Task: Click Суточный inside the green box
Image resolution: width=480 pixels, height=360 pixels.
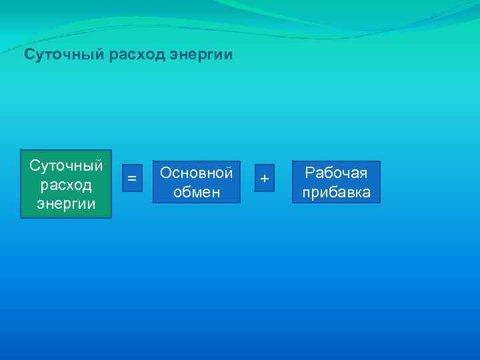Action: click(66, 165)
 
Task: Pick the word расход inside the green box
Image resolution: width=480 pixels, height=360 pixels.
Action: click(66, 184)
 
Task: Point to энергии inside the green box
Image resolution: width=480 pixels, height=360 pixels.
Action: click(66, 203)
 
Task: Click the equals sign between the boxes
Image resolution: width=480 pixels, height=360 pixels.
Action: click(132, 179)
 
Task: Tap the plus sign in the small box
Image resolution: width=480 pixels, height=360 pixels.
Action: click(265, 179)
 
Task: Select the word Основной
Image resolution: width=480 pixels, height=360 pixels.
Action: click(197, 173)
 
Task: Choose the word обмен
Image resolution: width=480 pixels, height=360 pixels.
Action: click(197, 193)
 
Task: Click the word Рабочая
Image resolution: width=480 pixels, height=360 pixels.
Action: click(336, 173)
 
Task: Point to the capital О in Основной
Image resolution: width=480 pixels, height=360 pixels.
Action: click(166, 173)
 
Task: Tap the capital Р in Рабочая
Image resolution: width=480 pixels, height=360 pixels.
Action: click(309, 173)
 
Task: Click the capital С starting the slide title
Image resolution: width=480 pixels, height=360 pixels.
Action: click(29, 54)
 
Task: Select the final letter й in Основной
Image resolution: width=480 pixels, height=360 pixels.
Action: click(229, 173)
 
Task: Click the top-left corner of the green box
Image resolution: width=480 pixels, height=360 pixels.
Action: click(21, 149)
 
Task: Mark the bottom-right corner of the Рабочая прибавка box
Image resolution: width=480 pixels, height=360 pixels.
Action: click(380, 203)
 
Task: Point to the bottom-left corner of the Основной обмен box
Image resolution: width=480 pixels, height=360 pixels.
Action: click(153, 203)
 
